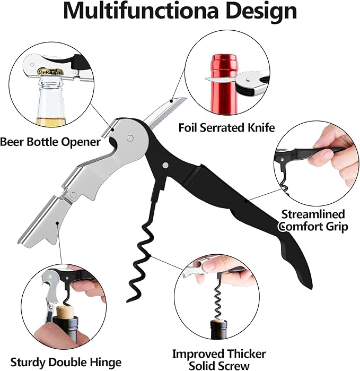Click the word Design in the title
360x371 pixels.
click(x=261, y=12)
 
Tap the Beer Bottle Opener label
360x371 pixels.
click(x=50, y=142)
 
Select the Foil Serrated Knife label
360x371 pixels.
click(x=226, y=127)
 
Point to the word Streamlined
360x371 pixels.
click(x=313, y=214)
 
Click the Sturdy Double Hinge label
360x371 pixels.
click(x=66, y=363)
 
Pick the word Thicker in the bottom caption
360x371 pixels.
click(x=244, y=354)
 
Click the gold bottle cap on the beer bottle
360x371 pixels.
click(x=51, y=71)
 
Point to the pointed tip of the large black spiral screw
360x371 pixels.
click(x=127, y=301)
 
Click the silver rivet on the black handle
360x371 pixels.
click(x=166, y=165)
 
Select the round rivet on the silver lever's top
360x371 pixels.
click(x=130, y=138)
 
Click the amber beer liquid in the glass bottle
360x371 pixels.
click(x=51, y=121)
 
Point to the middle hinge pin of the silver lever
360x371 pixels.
click(x=74, y=195)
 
